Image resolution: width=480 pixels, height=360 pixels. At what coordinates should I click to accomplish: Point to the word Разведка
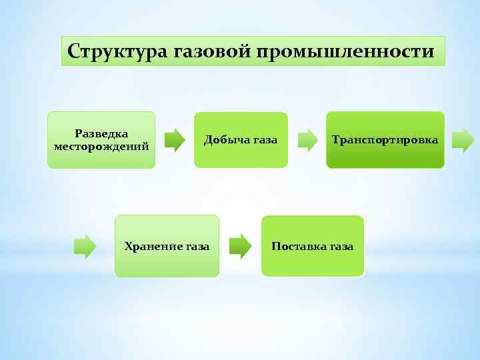point(101,133)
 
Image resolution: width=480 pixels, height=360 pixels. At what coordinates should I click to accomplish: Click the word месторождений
point(101,145)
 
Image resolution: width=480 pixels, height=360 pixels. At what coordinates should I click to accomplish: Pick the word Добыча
point(225,140)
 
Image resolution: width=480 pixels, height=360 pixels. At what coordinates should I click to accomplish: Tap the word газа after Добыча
point(264,140)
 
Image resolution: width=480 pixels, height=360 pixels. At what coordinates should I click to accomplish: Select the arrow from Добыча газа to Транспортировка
point(308,140)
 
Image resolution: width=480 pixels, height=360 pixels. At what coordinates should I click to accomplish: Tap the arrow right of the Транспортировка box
point(463,140)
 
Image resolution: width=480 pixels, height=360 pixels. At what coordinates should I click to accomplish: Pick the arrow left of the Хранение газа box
point(85,245)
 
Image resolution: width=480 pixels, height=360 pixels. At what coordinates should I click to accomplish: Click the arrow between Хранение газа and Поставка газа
point(240,245)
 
